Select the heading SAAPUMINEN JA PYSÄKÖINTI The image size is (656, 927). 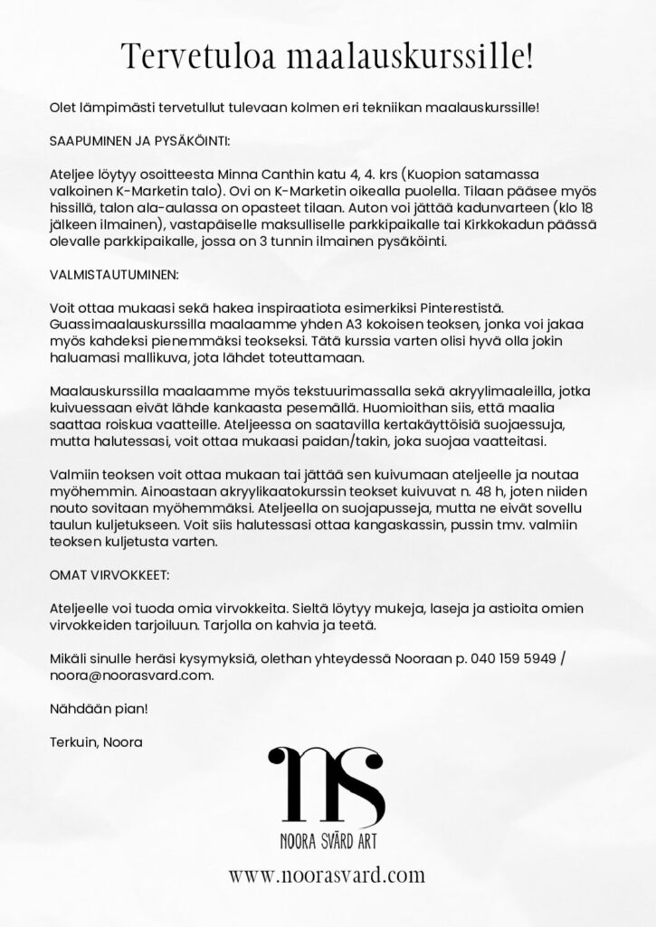139,142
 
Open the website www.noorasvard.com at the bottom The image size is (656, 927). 327,875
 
